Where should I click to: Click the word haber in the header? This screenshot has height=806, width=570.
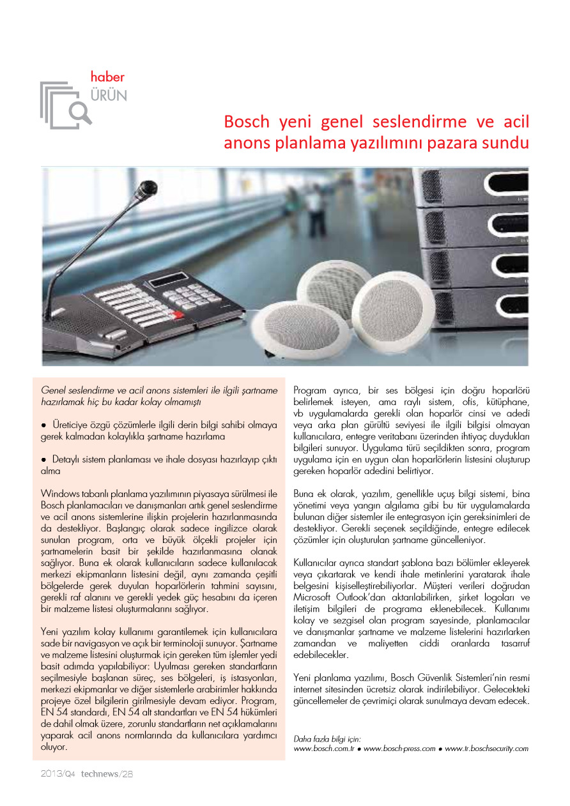pyautogui.click(x=107, y=77)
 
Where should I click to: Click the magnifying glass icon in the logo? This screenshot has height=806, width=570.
pyautogui.click(x=80, y=112)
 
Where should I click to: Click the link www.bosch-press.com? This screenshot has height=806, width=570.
pyautogui.click(x=399, y=749)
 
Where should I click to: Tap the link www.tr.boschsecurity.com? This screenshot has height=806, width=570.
pyautogui.click(x=486, y=749)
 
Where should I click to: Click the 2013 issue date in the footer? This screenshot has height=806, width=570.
pyautogui.click(x=50, y=773)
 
